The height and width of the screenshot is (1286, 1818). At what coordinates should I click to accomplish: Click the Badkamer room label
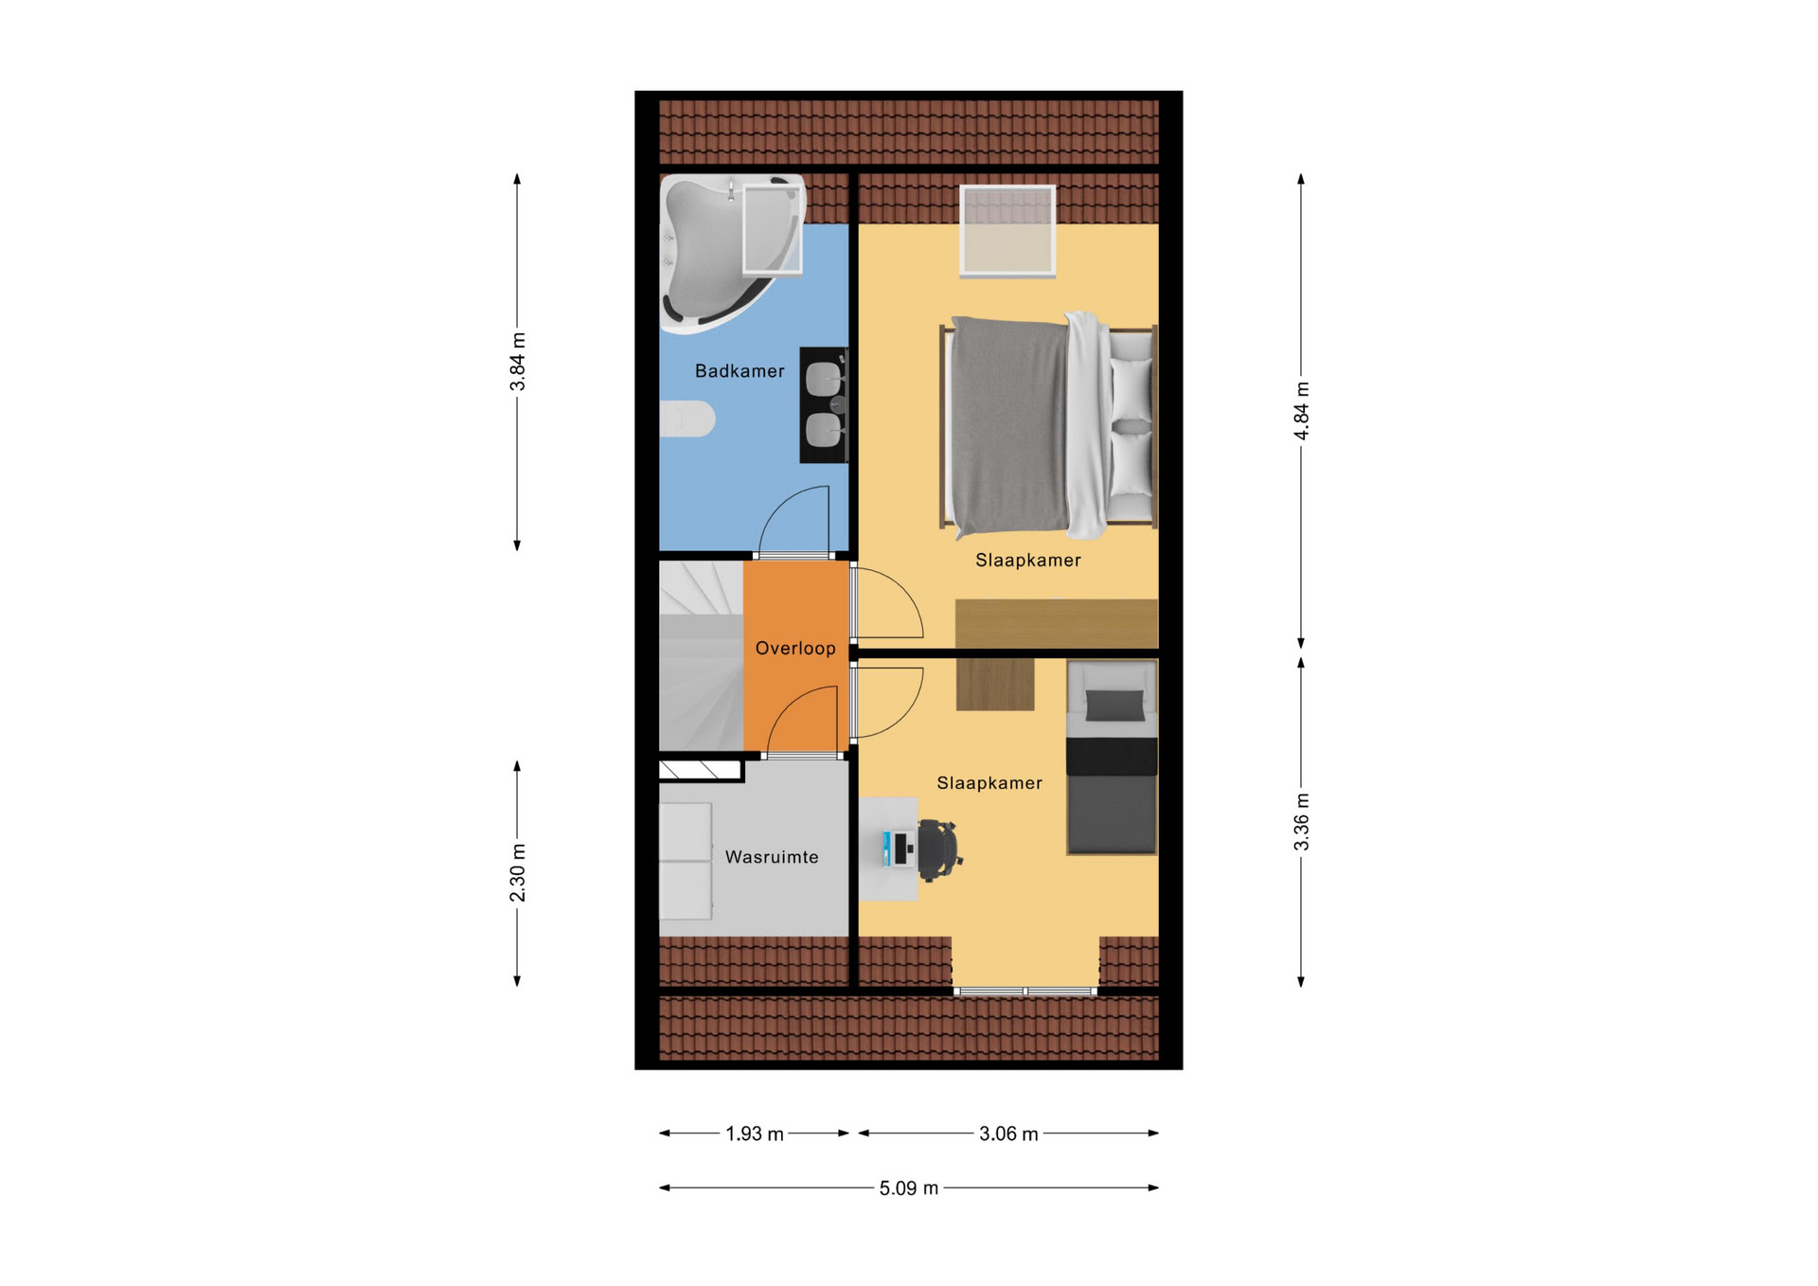click(740, 371)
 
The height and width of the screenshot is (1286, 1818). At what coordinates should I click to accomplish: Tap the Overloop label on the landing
click(795, 649)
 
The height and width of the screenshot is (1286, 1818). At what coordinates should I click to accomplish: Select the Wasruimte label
click(772, 857)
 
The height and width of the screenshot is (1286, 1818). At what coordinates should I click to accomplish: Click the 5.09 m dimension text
click(909, 1188)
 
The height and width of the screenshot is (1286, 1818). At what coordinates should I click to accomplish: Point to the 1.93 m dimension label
click(755, 1134)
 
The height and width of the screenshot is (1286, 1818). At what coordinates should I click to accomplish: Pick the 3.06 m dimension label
click(1008, 1134)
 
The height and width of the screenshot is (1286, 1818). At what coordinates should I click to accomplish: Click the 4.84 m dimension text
click(1302, 411)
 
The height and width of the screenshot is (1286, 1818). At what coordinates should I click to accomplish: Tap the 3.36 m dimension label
click(1302, 822)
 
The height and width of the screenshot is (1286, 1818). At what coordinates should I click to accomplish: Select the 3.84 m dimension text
click(518, 362)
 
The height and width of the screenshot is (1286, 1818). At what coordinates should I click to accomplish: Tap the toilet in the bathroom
click(687, 419)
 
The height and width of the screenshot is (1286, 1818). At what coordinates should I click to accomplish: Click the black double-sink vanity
click(824, 405)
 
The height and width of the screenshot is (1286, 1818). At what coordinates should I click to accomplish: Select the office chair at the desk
click(939, 850)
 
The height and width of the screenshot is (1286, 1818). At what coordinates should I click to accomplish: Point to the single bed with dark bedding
click(1112, 758)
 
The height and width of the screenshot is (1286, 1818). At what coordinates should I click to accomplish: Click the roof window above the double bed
click(1007, 231)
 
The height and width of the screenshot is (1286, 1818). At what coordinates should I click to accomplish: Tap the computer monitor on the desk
click(888, 848)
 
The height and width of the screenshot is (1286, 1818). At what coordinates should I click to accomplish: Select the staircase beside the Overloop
click(702, 655)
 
